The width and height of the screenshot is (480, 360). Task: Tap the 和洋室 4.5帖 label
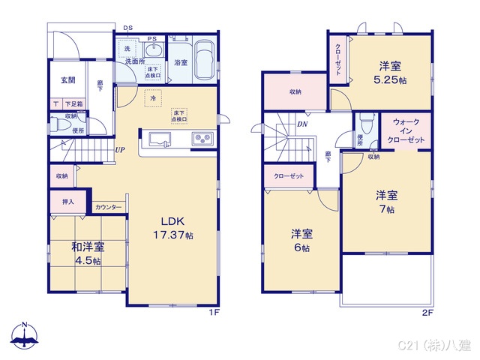[x=88, y=253]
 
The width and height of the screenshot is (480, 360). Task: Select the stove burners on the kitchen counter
[x=202, y=139]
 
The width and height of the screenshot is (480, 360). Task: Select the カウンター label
[x=109, y=207]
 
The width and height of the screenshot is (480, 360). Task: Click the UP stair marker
[x=120, y=149]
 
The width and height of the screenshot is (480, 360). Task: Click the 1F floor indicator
[x=214, y=312]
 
